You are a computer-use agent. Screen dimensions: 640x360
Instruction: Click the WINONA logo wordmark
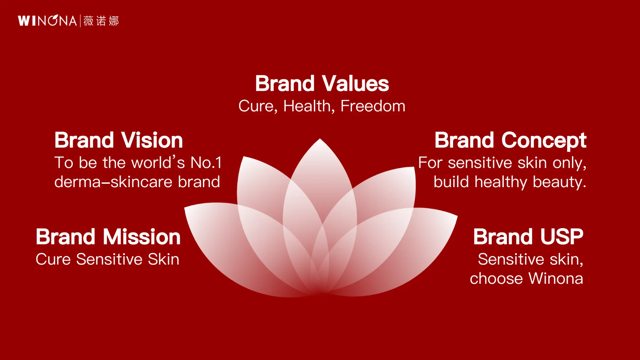tap(47, 21)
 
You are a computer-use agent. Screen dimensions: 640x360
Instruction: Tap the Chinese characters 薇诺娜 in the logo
tap(101, 21)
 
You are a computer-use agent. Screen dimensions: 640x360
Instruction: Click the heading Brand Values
tap(322, 83)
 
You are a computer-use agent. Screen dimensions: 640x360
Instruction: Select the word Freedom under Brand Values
tap(373, 106)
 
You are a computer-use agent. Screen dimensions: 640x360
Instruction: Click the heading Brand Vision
tap(118, 140)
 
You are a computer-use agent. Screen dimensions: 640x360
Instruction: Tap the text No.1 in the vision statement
tap(206, 163)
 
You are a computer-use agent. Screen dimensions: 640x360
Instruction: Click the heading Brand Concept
tap(510, 141)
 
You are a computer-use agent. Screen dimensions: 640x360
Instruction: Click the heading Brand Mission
tap(108, 236)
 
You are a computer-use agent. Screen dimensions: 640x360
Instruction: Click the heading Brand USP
tap(528, 236)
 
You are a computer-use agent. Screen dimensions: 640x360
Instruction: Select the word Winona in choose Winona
tap(556, 278)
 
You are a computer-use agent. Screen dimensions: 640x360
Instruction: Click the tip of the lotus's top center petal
tap(320, 138)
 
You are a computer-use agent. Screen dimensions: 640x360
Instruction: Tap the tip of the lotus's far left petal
tap(185, 207)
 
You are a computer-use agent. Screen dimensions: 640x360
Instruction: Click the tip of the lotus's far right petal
tap(458, 215)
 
